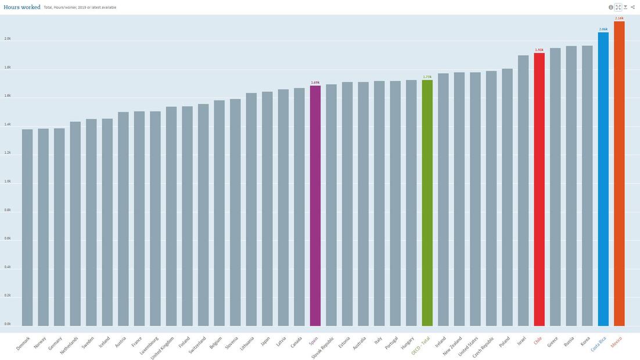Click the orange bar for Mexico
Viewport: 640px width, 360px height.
[x=619, y=174]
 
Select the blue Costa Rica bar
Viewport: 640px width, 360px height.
[x=603, y=180]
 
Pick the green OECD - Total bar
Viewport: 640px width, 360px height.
[x=427, y=203]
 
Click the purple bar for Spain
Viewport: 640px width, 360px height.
[x=315, y=206]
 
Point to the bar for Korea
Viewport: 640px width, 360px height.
[x=587, y=186]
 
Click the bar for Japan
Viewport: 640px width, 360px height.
[x=267, y=209]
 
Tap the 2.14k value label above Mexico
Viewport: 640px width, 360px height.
[x=619, y=18]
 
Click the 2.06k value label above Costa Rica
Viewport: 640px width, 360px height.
[x=603, y=29]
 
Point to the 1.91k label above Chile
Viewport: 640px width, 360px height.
[x=539, y=50]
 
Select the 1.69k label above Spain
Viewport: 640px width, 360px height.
[x=315, y=82]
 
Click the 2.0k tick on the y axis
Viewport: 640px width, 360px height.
[x=8, y=39]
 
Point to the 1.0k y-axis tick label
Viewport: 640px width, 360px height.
[x=8, y=181]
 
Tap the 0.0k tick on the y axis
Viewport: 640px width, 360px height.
[x=8, y=324]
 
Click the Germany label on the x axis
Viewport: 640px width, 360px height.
[x=56, y=343]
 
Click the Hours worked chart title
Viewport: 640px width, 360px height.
[x=22, y=7]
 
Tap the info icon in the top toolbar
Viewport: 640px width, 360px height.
[x=611, y=8]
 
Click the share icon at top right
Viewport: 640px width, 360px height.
[x=633, y=8]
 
